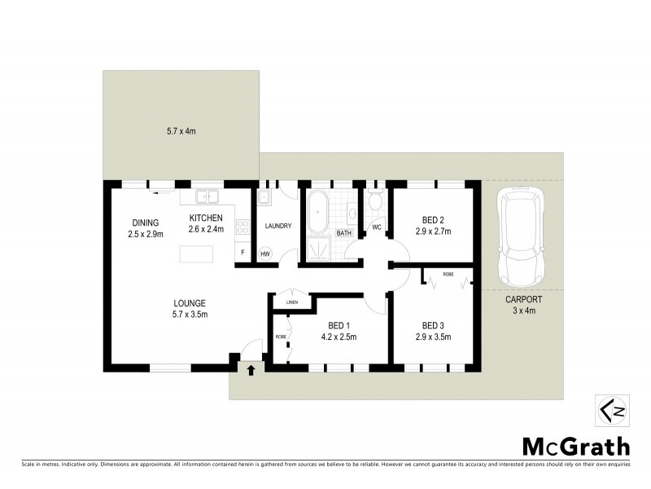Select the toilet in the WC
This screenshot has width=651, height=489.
pos(375,200)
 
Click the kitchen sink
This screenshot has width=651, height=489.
pos(206,196)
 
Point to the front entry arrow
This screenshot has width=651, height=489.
pos(251,370)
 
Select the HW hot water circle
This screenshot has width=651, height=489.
pos(265,254)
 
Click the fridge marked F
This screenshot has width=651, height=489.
pos(242,253)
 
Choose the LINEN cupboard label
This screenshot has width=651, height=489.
pos(291,303)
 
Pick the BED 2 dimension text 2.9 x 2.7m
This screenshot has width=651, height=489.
pos(433,231)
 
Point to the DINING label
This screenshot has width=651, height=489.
pos(146,222)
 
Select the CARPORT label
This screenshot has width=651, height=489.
pos(523,299)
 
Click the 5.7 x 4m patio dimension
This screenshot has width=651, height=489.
pos(181,130)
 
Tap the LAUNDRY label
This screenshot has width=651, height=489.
pos(277,226)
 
